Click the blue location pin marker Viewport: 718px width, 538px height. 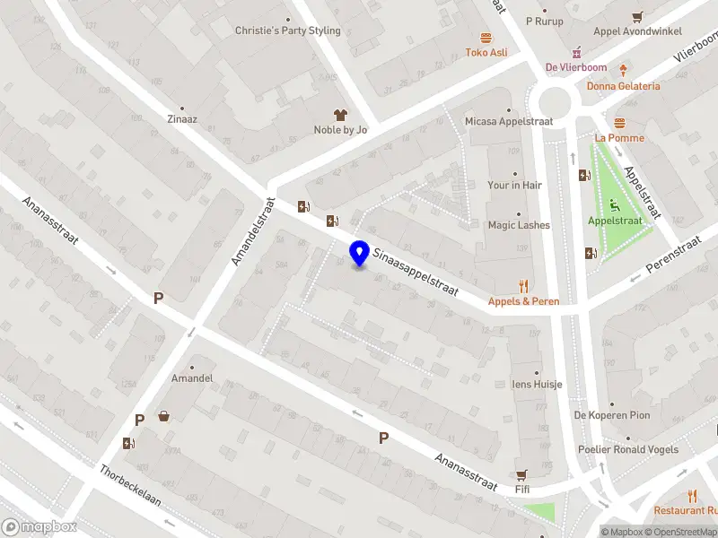pyautogui.click(x=360, y=253)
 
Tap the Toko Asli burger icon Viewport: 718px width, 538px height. pyautogui.click(x=486, y=38)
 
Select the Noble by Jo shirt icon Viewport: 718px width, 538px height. pyautogui.click(x=340, y=115)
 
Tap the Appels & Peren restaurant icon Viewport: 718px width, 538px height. pyautogui.click(x=523, y=286)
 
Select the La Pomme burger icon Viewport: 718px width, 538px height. pyautogui.click(x=619, y=123)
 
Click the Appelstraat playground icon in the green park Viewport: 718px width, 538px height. pyautogui.click(x=615, y=203)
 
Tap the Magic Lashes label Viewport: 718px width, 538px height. pyautogui.click(x=519, y=225)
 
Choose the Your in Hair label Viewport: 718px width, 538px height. pyautogui.click(x=515, y=185)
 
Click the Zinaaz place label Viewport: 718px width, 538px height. pyautogui.click(x=182, y=117)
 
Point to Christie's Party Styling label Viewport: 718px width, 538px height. pyautogui.click(x=288, y=30)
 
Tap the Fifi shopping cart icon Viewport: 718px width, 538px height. pyautogui.click(x=521, y=474)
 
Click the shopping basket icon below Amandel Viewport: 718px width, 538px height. pyautogui.click(x=164, y=415)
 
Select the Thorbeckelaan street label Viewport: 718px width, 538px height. pyautogui.click(x=131, y=485)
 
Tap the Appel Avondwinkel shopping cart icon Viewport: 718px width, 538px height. pyautogui.click(x=637, y=16)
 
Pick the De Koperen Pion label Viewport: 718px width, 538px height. pyautogui.click(x=612, y=415)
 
